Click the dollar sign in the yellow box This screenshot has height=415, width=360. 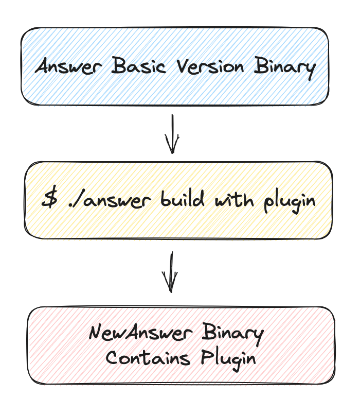(49, 200)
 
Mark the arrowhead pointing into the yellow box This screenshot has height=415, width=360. (172, 147)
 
